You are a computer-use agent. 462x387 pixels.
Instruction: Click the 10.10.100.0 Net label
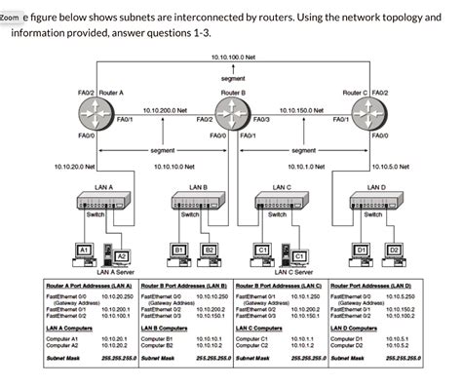coord(234,58)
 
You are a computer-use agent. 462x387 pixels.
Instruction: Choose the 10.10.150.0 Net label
coord(302,111)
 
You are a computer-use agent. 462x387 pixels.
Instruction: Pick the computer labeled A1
coord(85,253)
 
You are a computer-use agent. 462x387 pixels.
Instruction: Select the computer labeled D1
coord(361,253)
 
